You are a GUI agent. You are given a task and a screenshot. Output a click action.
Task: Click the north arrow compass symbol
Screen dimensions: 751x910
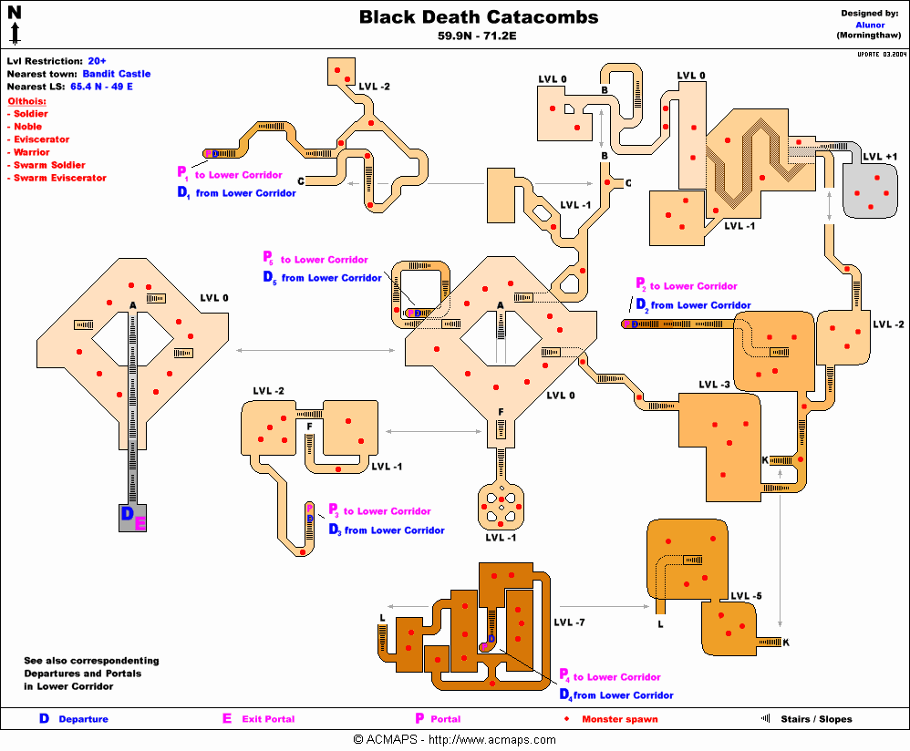(x=15, y=26)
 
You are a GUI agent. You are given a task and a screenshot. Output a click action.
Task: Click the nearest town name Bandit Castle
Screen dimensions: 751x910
(x=116, y=74)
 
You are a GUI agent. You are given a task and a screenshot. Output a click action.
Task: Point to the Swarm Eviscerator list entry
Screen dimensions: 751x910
(x=59, y=178)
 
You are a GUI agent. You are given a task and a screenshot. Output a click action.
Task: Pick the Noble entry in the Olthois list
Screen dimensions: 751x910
(x=30, y=127)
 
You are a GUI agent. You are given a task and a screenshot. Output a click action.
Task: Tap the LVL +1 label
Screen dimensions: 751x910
(x=879, y=157)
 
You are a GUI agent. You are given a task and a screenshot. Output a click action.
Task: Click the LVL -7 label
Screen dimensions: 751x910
(x=570, y=622)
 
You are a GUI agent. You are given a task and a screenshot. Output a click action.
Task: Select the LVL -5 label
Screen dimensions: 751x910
(x=745, y=597)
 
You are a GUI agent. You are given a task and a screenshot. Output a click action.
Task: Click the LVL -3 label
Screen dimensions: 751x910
(x=714, y=385)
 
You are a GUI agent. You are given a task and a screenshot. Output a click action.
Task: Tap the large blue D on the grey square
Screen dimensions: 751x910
(x=128, y=515)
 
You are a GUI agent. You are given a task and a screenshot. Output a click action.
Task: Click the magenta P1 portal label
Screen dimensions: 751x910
(x=182, y=172)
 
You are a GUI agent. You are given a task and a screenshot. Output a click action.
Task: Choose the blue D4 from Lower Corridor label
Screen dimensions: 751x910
(x=616, y=695)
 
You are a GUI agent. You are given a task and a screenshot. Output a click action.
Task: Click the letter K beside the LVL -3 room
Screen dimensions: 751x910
(x=764, y=459)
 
